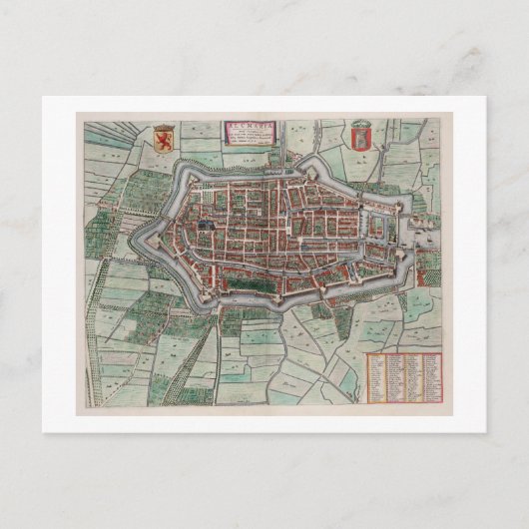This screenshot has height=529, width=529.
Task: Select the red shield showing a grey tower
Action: tap(361, 137)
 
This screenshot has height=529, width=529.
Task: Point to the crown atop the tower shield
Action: tap(361, 123)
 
